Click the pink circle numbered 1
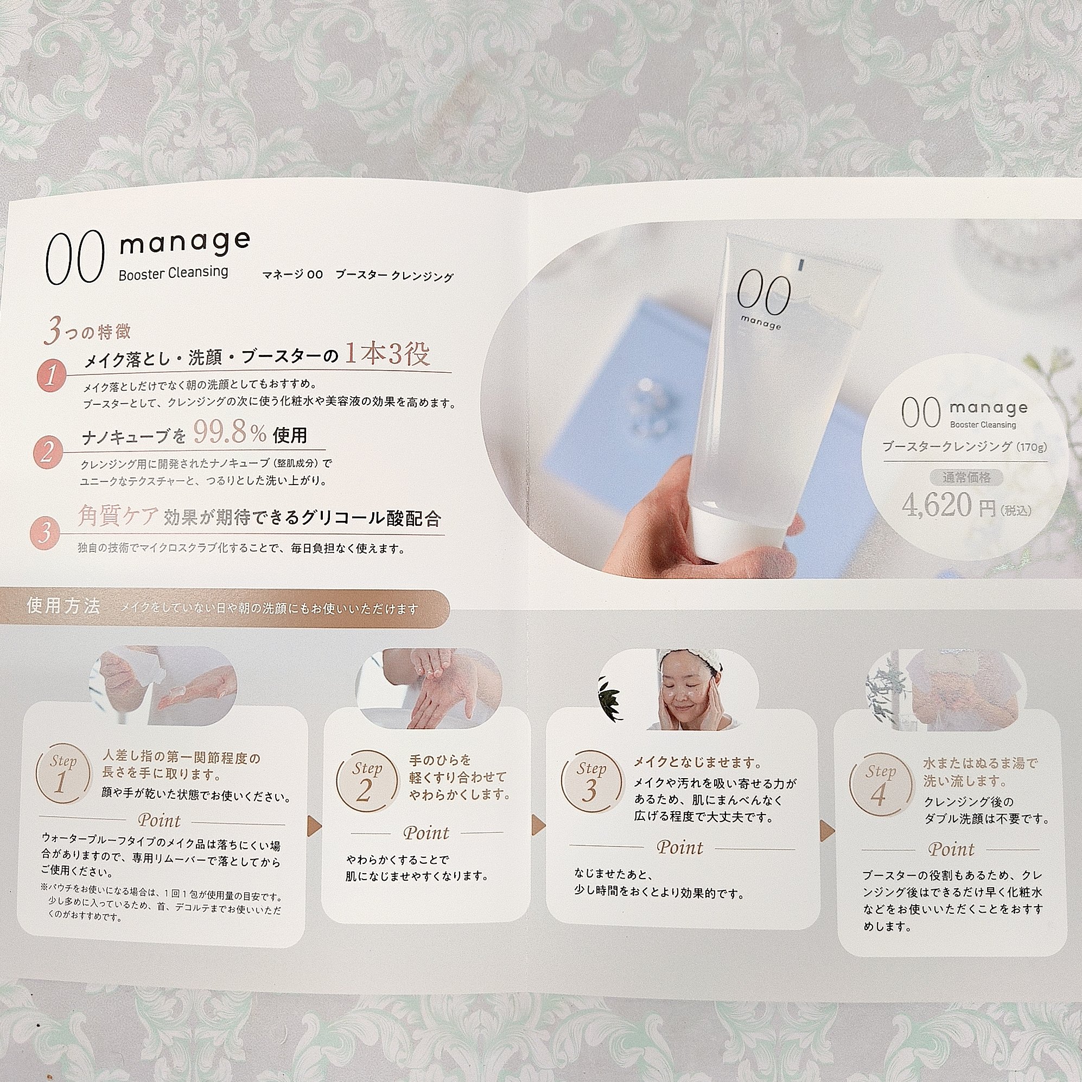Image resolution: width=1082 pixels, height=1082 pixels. coord(51,376)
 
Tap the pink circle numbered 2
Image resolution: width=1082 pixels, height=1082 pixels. coord(48,451)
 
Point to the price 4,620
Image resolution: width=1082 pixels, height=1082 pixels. coord(937,505)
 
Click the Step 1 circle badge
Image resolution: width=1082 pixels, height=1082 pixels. coord(63,774)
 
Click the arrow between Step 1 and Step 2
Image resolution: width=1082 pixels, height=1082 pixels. coord(314,825)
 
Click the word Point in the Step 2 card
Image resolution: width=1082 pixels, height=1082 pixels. coord(426,833)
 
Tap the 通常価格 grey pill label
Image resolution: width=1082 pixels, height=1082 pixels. coord(966,477)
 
